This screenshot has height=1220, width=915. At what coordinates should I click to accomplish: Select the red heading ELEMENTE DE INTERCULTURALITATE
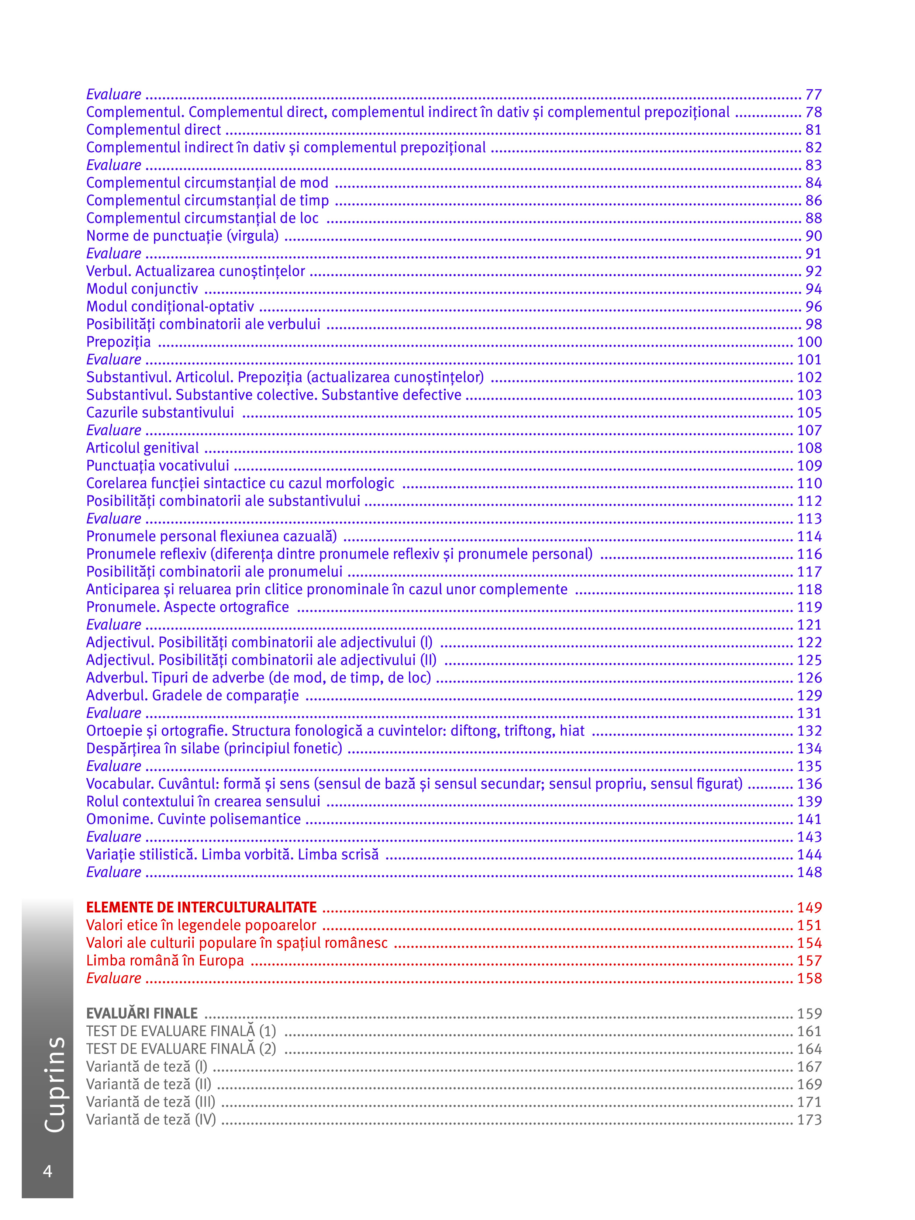(201, 907)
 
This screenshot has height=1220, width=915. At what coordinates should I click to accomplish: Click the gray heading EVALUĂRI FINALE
(142, 1013)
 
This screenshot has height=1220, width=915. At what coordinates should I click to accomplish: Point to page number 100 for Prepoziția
(809, 342)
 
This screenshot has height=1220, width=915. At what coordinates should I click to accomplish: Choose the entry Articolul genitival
(142, 448)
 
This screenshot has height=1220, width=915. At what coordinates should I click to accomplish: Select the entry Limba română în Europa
(165, 960)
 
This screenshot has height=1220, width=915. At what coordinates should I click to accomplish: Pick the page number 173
(809, 1120)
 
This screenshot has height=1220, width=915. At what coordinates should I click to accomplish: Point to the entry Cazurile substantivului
(160, 412)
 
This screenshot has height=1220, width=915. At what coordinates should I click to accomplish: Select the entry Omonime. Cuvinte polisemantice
(193, 819)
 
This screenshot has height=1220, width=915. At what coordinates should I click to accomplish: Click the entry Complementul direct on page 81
(153, 129)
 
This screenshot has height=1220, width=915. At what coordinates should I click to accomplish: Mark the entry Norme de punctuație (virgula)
(182, 236)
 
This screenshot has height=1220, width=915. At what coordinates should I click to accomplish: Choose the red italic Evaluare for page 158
(114, 978)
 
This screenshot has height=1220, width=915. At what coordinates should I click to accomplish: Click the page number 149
(809, 907)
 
